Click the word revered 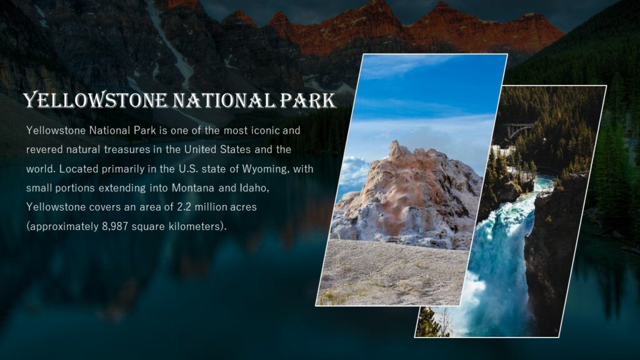click(x=44, y=150)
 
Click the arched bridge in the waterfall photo click(x=518, y=130)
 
